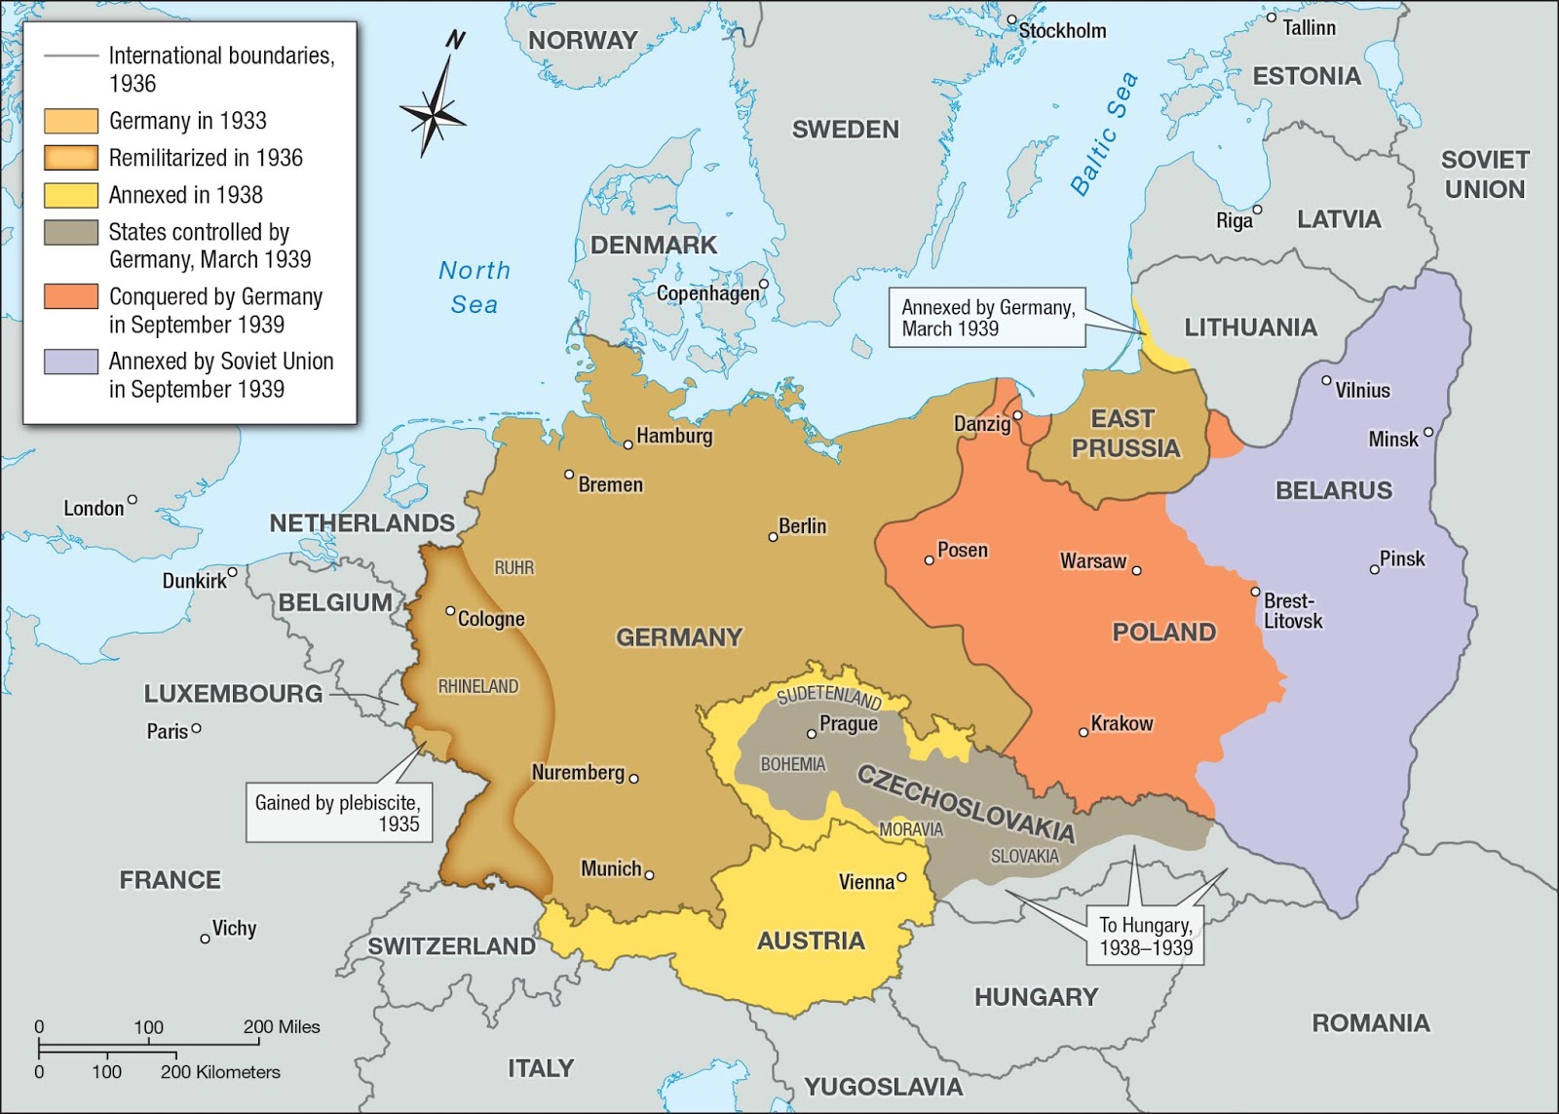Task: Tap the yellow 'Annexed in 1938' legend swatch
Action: pos(71,195)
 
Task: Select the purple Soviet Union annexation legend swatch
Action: pos(71,362)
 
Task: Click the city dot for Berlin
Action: pos(774,537)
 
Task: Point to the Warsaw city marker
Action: pos(1136,570)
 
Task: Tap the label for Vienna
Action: pos(866,882)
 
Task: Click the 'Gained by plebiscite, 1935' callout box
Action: pos(338,813)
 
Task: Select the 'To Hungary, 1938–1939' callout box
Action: pos(1146,936)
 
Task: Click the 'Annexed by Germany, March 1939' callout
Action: pos(987,318)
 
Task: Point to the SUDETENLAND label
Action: pos(829,696)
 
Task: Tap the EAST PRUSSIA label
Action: pos(1124,434)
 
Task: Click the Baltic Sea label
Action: pos(1104,134)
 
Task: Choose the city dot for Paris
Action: pos(197,728)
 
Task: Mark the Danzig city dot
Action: pos(1017,416)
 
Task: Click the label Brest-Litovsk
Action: pos(1293,611)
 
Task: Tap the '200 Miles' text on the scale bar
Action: pos(282,1026)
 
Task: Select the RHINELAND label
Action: pos(477,686)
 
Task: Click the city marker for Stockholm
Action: pos(1011,19)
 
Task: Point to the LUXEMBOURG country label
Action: pos(233,694)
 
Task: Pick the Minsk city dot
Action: pos(1428,432)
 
